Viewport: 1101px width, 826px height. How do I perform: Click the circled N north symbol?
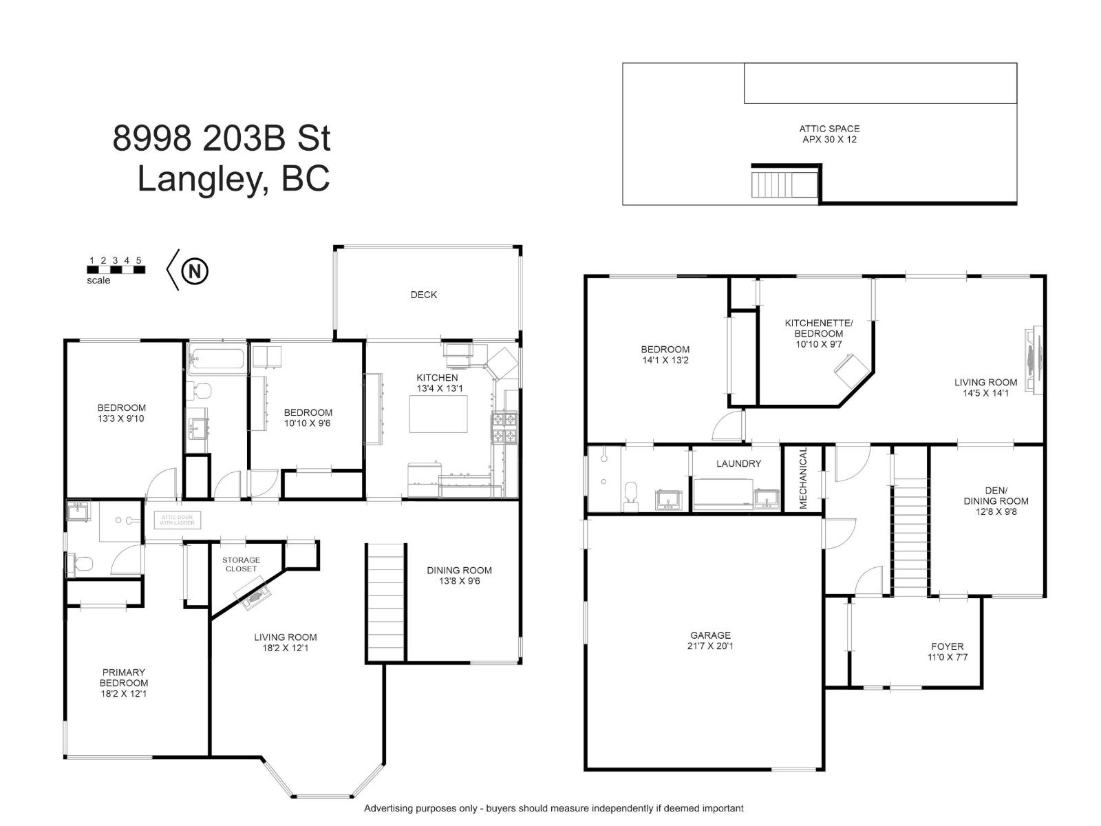tap(195, 271)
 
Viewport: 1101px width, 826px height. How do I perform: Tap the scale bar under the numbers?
tap(116, 270)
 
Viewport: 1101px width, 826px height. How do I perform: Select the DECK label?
tap(423, 295)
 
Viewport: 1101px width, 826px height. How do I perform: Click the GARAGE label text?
tap(709, 635)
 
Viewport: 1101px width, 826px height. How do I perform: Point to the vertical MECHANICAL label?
tap(803, 478)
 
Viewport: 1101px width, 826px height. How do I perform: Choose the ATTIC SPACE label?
tap(829, 129)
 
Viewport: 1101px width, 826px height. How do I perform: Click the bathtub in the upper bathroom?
tap(217, 359)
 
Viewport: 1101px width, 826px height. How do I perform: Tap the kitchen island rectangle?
tap(438, 414)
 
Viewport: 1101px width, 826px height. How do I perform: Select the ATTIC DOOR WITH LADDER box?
tap(178, 520)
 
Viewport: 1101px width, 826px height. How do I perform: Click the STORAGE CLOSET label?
tap(242, 564)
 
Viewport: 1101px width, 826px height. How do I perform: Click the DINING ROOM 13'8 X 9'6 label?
tap(459, 575)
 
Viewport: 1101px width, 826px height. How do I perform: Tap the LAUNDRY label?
tap(738, 463)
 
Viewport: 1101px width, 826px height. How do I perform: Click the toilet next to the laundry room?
tap(630, 496)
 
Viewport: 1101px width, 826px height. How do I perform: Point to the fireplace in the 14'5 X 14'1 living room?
tap(1034, 359)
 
